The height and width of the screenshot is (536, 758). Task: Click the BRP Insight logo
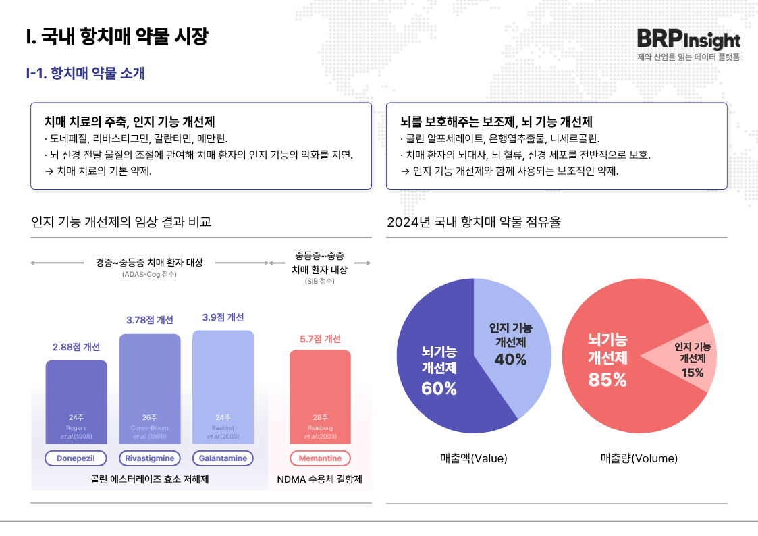(x=688, y=40)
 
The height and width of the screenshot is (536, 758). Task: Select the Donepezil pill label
(x=76, y=458)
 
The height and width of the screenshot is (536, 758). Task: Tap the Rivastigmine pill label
(x=150, y=458)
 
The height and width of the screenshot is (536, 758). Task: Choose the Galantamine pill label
(x=223, y=458)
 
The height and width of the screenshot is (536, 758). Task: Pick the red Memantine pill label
(x=320, y=458)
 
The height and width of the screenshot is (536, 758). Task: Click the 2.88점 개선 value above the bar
(x=76, y=347)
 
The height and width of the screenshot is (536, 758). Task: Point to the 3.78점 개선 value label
(x=150, y=320)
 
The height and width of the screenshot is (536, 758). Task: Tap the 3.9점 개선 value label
(x=223, y=317)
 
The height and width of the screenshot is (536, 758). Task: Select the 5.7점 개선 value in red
(x=320, y=339)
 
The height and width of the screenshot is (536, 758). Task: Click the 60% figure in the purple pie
(x=439, y=388)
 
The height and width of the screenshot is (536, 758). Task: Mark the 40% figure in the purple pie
(x=510, y=359)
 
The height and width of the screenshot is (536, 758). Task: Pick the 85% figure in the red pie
(x=607, y=380)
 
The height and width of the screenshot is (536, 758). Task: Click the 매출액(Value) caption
(x=473, y=458)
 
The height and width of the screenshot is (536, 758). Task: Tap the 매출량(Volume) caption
(x=639, y=458)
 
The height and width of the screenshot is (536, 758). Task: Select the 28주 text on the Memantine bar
(x=320, y=417)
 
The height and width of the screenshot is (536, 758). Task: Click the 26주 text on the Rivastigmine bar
(x=150, y=417)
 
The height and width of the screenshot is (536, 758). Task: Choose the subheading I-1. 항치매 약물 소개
(x=85, y=73)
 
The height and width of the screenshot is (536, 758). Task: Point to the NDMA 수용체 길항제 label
(x=320, y=480)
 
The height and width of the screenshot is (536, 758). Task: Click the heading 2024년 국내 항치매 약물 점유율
(x=474, y=221)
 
